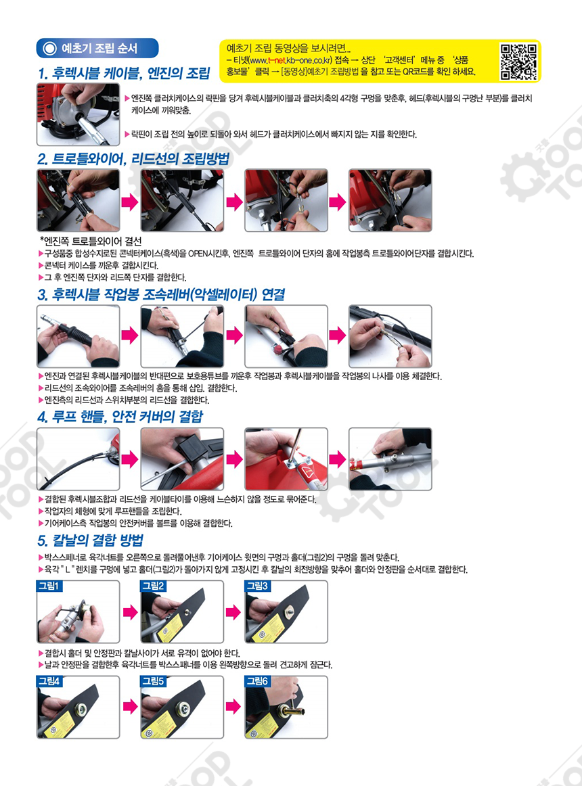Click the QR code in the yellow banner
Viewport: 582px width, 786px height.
point(519,62)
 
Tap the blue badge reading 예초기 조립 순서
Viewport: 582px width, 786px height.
point(97,48)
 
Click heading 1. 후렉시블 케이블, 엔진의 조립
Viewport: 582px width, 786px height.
point(124,74)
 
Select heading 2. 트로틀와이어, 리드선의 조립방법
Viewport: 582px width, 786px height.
point(133,159)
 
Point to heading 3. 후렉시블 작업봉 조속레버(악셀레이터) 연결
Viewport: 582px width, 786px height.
point(161,294)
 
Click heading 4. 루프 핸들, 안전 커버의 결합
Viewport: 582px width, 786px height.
point(120,417)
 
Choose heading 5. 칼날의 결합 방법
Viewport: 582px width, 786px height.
point(90,540)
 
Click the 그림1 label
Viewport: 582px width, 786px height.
point(49,586)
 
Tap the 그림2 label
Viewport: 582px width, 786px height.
point(153,586)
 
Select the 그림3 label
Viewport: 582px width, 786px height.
point(257,586)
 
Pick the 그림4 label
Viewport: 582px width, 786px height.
point(49,681)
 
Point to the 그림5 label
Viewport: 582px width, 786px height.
point(153,681)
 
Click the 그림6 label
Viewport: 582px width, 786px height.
point(257,681)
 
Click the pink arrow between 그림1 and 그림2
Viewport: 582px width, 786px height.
point(131,612)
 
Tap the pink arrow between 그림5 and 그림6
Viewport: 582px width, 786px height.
point(233,707)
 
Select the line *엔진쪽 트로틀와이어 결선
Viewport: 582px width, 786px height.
point(90,241)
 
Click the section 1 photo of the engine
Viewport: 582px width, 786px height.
point(79,114)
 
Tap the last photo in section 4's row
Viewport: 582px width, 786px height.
point(390,459)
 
